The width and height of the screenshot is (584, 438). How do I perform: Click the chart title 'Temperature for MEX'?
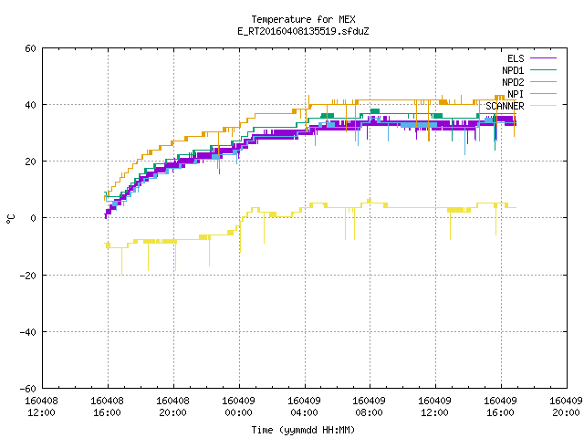[303, 19]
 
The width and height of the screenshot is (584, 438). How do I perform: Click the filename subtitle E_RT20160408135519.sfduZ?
[303, 31]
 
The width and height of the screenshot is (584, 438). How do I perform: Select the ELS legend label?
[516, 58]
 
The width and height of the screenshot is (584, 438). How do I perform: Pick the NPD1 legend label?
[513, 70]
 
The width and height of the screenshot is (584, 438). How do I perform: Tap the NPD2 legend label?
[513, 82]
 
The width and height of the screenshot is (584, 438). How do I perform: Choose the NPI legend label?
[516, 94]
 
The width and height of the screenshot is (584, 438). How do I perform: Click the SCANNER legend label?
[505, 106]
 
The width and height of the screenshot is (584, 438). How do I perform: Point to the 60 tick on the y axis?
[30, 48]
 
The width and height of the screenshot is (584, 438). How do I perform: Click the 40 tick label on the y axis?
[30, 105]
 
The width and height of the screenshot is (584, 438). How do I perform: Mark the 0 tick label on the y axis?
[33, 218]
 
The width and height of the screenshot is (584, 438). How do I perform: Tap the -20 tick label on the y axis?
[28, 276]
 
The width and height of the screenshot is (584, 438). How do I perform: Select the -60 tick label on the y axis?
[28, 389]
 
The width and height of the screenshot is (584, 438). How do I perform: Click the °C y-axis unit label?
[11, 219]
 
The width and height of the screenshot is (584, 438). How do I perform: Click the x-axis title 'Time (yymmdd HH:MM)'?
[303, 430]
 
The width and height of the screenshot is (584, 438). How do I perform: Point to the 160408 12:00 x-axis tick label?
[41, 407]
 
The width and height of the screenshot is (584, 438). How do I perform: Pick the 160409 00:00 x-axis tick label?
[238, 407]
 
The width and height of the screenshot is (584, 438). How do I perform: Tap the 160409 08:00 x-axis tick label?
[369, 407]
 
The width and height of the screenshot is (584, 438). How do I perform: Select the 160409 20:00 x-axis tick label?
[566, 407]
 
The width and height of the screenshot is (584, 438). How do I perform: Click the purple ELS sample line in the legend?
[543, 58]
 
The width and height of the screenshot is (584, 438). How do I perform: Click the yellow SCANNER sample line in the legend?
[543, 106]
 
